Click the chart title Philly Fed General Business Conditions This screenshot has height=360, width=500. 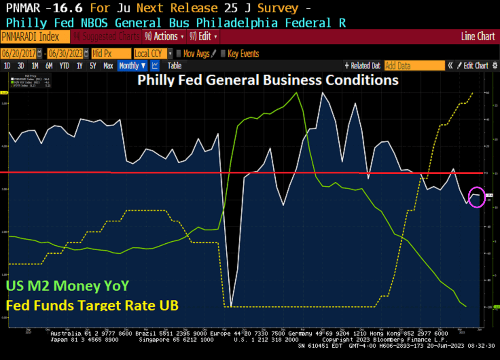point(268,80)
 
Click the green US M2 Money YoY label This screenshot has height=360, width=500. point(68,286)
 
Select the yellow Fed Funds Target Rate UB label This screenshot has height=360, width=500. point(92,306)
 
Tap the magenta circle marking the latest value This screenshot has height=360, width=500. point(477,197)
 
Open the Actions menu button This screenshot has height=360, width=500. point(164,37)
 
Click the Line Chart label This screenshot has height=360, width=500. point(478,37)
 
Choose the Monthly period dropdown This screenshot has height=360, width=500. point(132,66)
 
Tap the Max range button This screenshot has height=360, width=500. point(108,66)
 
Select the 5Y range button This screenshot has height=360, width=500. point(93,66)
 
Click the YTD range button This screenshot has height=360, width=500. point(64,66)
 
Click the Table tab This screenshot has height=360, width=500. point(174,66)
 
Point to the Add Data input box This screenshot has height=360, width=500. point(414,66)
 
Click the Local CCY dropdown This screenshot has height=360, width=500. point(153,54)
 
